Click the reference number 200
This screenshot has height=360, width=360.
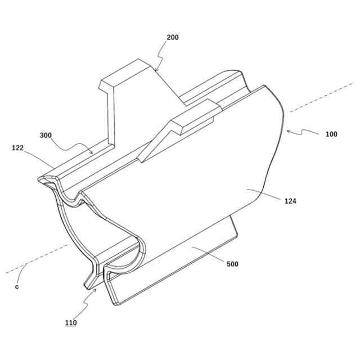tap(173, 38)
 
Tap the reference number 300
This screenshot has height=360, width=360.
tap(46, 135)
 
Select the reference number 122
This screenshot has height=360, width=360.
tap(19, 148)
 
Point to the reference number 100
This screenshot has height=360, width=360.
tap(331, 134)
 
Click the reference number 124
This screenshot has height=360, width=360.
tap(291, 201)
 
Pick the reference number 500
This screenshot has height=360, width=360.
tap(232, 264)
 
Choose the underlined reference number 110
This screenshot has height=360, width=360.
tap(70, 323)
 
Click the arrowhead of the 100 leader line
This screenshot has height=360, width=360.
tap(288, 131)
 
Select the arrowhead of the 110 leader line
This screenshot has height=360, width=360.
tap(96, 288)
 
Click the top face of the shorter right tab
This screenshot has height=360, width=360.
tap(194, 111)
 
